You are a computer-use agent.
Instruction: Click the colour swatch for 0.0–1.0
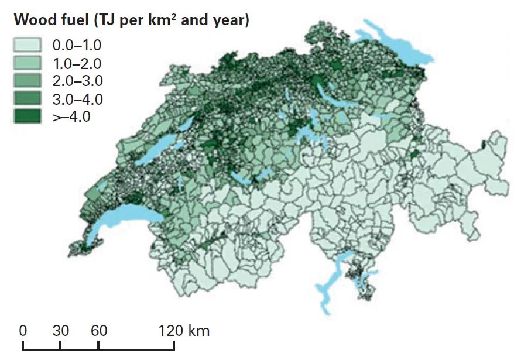pos(28,44)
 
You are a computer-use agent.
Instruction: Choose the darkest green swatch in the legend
pos(28,115)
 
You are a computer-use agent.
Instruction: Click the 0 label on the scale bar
pos(23,331)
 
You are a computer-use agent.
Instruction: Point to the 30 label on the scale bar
pos(61,331)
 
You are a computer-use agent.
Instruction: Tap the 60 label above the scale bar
pos(99,331)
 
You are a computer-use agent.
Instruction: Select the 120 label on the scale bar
pos(170,331)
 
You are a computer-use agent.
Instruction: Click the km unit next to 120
pos(199,331)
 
